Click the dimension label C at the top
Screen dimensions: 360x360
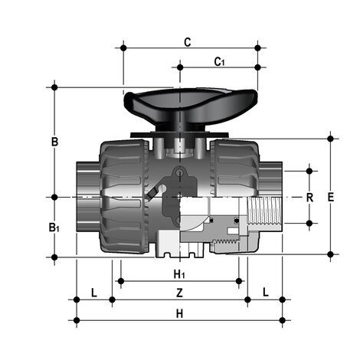pyautogui.click(x=188, y=42)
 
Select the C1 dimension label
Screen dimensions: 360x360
pyautogui.click(x=219, y=61)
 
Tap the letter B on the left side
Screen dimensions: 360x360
pyautogui.click(x=54, y=142)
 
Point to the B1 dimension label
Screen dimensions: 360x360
pyautogui.click(x=54, y=227)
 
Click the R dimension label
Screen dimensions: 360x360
pyautogui.click(x=309, y=197)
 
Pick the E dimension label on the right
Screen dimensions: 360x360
pyautogui.click(x=330, y=197)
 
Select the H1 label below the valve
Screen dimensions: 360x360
pyautogui.click(x=178, y=273)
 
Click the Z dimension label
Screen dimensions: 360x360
pyautogui.click(x=178, y=292)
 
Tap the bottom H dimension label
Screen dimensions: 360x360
pyautogui.click(x=178, y=313)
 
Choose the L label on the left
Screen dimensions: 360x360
pyautogui.click(x=93, y=292)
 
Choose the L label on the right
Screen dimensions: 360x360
pyautogui.click(x=265, y=292)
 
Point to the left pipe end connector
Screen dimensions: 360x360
pyautogui.click(x=86, y=196)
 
